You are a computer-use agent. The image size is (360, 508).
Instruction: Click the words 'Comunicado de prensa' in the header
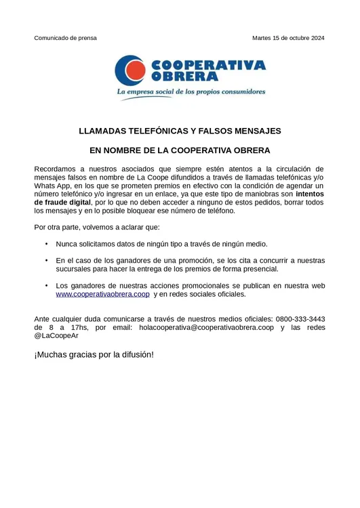pyautogui.click(x=65, y=38)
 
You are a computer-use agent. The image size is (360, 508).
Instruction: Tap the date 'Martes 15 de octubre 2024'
pyautogui.click(x=288, y=38)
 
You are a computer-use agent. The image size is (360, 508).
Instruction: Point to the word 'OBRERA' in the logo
pyautogui.click(x=180, y=77)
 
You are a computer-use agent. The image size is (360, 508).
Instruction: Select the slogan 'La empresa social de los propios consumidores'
pyautogui.click(x=191, y=91)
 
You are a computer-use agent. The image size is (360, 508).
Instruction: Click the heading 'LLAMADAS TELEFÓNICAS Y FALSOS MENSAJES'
pyautogui.click(x=180, y=131)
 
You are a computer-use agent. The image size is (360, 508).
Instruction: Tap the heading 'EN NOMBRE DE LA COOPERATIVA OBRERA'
pyautogui.click(x=180, y=150)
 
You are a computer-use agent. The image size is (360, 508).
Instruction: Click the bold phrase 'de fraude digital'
pyautogui.click(x=62, y=202)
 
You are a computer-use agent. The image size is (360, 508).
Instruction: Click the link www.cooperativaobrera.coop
pyautogui.click(x=102, y=295)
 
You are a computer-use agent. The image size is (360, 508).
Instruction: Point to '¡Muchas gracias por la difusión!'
pyautogui.click(x=94, y=354)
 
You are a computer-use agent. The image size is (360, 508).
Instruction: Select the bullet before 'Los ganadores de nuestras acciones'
pyautogui.click(x=46, y=285)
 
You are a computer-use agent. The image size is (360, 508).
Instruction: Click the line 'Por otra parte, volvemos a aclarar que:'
pyautogui.click(x=97, y=227)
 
